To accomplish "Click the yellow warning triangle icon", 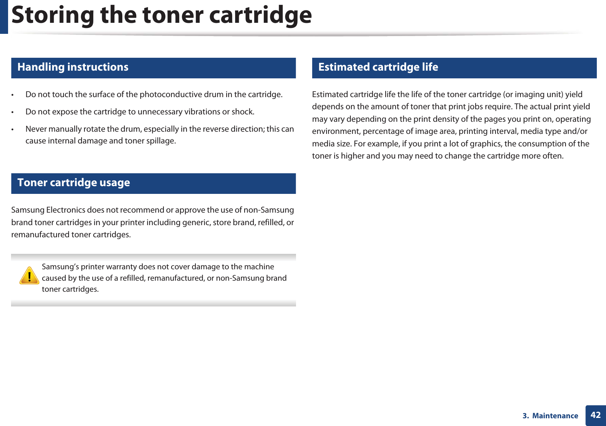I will pyautogui.click(x=29, y=276).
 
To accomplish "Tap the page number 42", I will pyautogui.click(x=595, y=415).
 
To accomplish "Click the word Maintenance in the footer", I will pyautogui.click(x=555, y=416).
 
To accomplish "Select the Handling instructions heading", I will pyautogui.click(x=73, y=67).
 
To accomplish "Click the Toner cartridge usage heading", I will pyautogui.click(x=73, y=182).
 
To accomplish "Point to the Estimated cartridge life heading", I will pyautogui.click(x=378, y=67).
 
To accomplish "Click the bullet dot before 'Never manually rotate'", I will pyautogui.click(x=12, y=129).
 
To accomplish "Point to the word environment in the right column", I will pyautogui.click(x=335, y=131).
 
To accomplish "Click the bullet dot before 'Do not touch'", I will pyautogui.click(x=12, y=95).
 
